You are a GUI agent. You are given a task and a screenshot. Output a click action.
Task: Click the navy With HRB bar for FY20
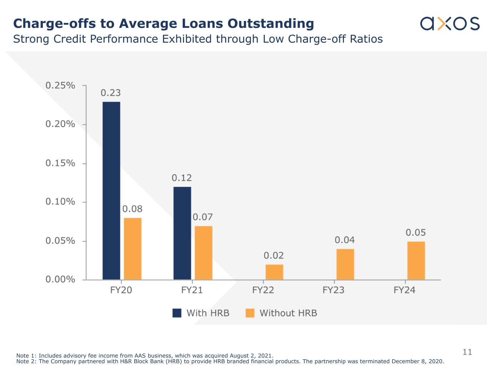click(x=111, y=191)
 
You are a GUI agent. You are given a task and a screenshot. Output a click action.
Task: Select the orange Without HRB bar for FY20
click(x=132, y=249)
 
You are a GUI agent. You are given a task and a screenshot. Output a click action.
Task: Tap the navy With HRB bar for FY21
click(x=182, y=233)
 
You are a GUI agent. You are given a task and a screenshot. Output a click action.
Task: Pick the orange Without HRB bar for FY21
click(x=203, y=253)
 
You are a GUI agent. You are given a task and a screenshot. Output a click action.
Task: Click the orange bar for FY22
click(x=274, y=272)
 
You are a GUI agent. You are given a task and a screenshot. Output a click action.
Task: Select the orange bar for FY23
click(x=345, y=264)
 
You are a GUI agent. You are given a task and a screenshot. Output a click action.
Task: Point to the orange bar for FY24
click(x=416, y=261)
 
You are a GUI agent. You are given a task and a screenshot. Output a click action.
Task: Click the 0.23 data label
click(x=111, y=93)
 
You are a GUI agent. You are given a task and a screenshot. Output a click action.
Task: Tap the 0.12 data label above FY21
click(x=182, y=178)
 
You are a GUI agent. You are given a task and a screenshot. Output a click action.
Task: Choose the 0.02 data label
click(x=274, y=256)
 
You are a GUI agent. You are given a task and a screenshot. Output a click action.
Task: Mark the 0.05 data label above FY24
click(x=416, y=233)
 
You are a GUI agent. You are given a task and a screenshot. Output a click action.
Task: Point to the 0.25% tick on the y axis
click(x=60, y=86)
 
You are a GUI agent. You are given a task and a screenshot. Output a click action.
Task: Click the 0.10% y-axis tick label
click(x=60, y=202)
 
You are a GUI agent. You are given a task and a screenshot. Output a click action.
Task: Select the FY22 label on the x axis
click(x=263, y=290)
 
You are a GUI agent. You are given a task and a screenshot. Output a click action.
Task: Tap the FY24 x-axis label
click(x=405, y=290)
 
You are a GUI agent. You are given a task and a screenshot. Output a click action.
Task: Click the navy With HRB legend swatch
click(x=177, y=313)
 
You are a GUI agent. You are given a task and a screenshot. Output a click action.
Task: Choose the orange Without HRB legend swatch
click(x=250, y=313)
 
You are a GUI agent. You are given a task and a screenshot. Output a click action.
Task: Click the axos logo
click(x=450, y=23)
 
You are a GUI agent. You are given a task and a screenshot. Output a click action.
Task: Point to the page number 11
click(x=467, y=352)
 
